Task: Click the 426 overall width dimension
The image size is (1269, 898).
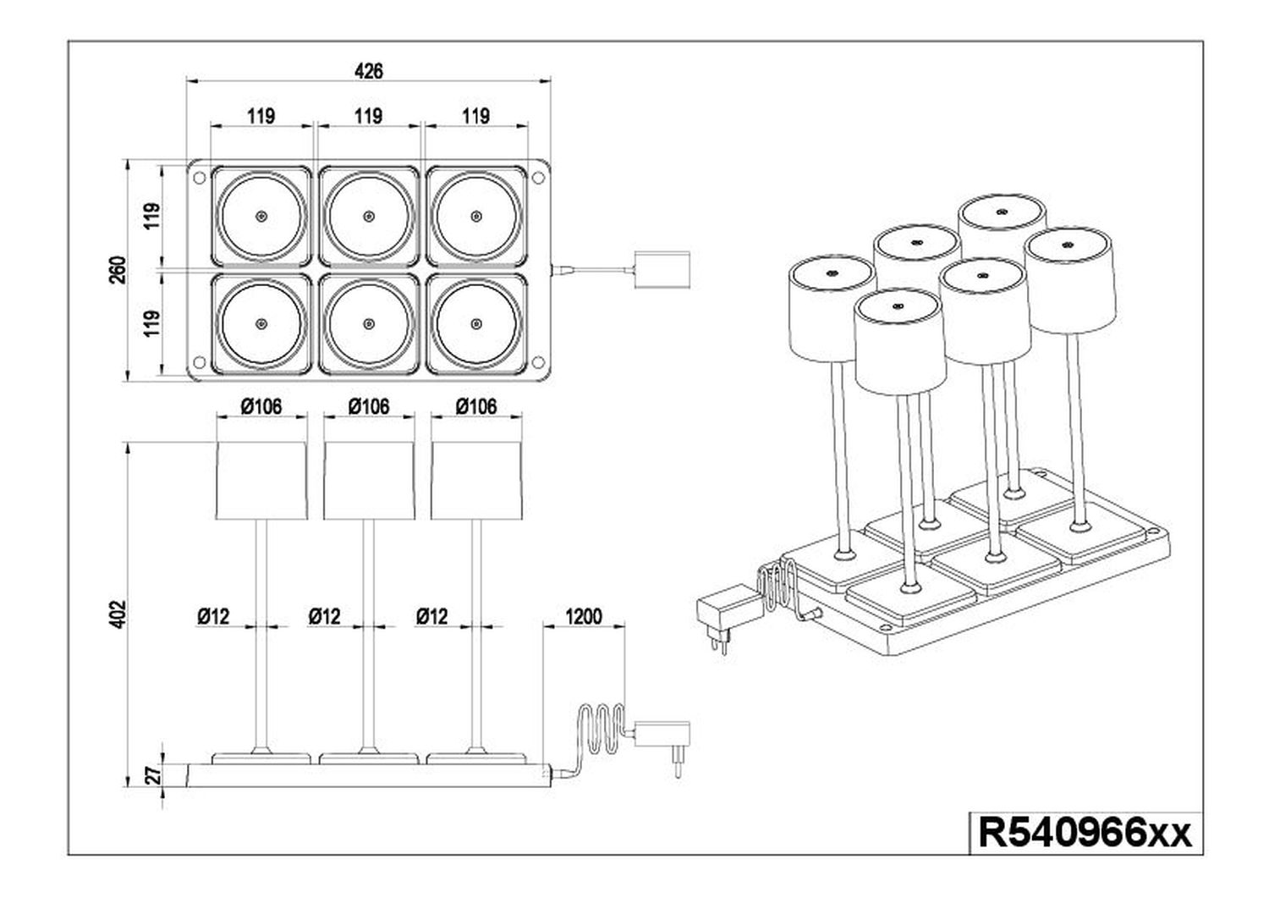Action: [369, 71]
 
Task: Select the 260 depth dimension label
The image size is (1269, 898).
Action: [118, 271]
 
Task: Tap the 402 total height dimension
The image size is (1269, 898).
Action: [118, 614]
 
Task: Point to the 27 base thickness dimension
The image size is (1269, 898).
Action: [154, 774]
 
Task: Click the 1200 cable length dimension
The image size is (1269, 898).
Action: [584, 616]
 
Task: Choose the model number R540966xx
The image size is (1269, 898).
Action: [1085, 834]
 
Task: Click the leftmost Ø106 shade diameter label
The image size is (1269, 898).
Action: [261, 406]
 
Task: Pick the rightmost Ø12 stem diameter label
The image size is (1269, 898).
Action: [431, 616]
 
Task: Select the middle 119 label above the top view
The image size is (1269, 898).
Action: [369, 116]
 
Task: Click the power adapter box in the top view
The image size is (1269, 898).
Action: [662, 269]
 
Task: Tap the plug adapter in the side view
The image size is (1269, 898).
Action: [662, 741]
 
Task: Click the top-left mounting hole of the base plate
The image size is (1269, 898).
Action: [199, 178]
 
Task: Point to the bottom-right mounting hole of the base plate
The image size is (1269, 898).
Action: [538, 361]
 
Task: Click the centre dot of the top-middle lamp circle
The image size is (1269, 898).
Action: [369, 216]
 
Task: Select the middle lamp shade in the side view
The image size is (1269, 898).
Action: [369, 481]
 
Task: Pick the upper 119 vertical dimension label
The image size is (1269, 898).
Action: [151, 216]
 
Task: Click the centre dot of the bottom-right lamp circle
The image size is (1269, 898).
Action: [476, 323]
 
